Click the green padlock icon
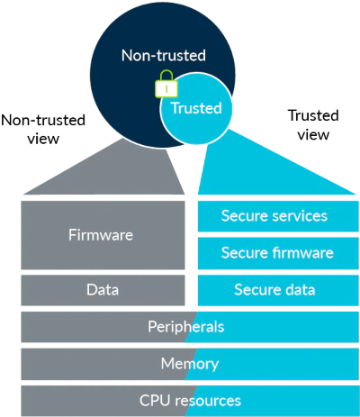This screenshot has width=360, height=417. pyautogui.click(x=166, y=84)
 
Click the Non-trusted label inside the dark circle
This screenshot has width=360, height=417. pyautogui.click(x=164, y=56)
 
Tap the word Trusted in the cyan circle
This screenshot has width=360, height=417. pyautogui.click(x=196, y=108)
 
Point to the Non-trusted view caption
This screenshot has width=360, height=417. pyautogui.click(x=43, y=130)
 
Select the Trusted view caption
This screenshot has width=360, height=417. pyautogui.click(x=313, y=125)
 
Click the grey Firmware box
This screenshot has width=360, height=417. pyautogui.click(x=103, y=235)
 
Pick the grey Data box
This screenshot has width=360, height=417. pyautogui.click(x=103, y=290)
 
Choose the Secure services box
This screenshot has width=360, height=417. pyautogui.click(x=278, y=216)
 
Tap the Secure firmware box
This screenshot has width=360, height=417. pyautogui.click(x=278, y=253)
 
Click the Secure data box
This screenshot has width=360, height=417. pyautogui.click(x=278, y=290)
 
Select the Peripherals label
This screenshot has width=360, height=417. pyautogui.click(x=186, y=327)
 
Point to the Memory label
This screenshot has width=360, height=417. pyautogui.click(x=190, y=364)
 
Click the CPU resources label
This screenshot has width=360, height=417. pyautogui.click(x=190, y=401)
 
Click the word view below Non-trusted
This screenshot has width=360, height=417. pyautogui.click(x=43, y=139)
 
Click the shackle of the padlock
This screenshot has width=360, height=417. pyautogui.click(x=166, y=76)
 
